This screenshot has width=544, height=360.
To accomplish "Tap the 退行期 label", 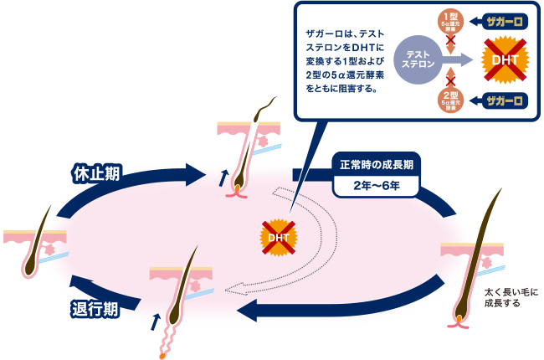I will point(94,307).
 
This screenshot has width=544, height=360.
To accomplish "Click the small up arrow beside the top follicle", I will point(222,177).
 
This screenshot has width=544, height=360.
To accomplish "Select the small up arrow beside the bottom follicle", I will point(154,321).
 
